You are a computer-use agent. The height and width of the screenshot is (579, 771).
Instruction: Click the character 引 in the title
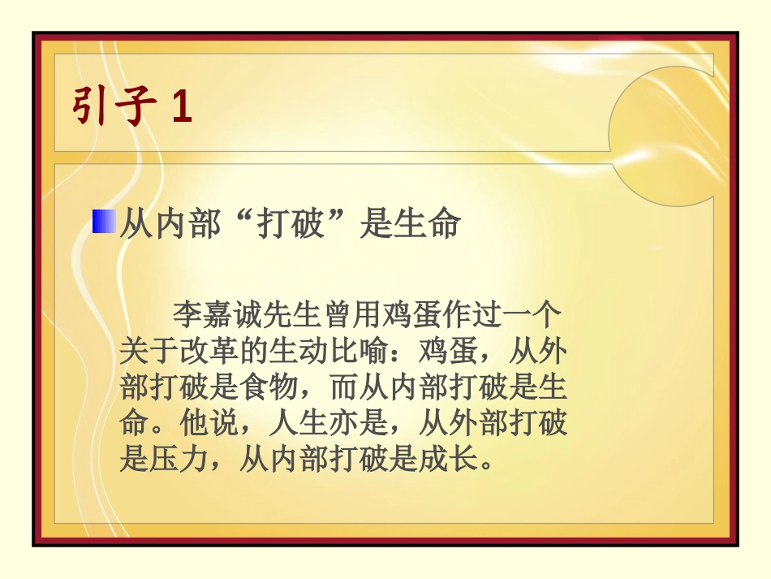pyautogui.click(x=91, y=106)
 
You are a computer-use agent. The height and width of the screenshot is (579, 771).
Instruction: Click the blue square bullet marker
pyautogui.click(x=103, y=222)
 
